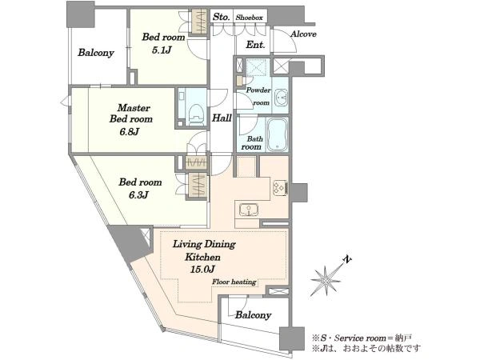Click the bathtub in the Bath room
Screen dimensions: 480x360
click(x=278, y=134)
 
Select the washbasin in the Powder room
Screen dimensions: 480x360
click(x=281, y=98)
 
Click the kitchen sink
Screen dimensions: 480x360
click(x=248, y=210)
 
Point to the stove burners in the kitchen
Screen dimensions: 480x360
click(x=280, y=188)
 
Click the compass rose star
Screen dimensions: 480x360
click(x=326, y=281)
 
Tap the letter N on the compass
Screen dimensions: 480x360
click(x=346, y=259)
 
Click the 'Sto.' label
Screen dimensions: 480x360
click(x=221, y=17)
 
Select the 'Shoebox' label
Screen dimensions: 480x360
click(x=249, y=18)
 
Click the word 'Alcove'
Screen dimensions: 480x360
click(x=303, y=34)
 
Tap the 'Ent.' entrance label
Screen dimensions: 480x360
click(x=255, y=45)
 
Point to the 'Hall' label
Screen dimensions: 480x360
click(x=222, y=118)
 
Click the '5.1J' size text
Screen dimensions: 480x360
click(x=162, y=50)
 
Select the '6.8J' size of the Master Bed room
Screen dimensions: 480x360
click(x=129, y=132)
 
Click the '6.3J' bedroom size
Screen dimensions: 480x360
click(x=138, y=194)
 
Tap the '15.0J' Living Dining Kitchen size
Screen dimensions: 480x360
click(x=202, y=270)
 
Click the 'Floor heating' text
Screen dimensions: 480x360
click(x=234, y=282)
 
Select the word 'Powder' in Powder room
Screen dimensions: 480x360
click(x=258, y=90)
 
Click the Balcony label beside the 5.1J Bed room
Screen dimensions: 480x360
click(x=96, y=53)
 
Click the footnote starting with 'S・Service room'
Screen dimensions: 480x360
click(x=362, y=338)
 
